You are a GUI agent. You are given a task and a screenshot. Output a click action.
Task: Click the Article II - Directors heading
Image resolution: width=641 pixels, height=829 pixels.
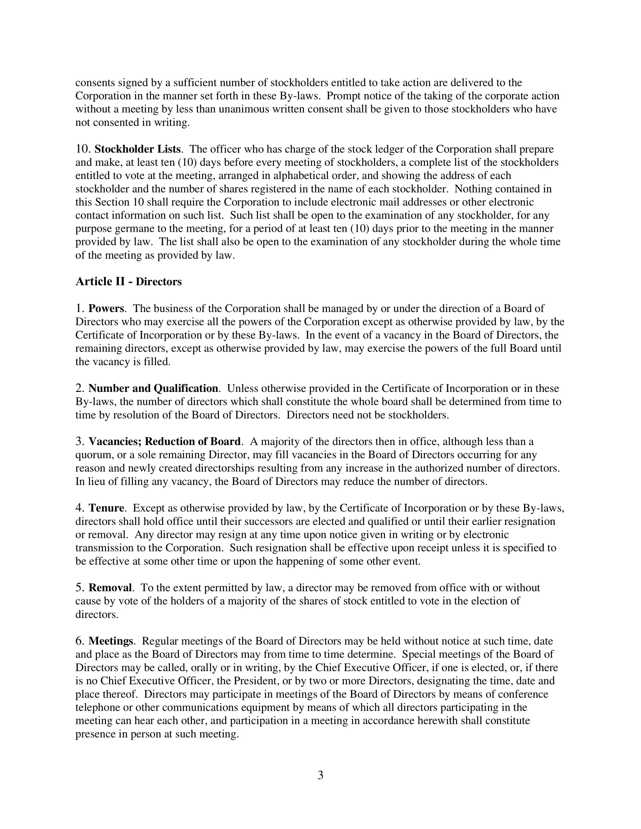(x=128, y=281)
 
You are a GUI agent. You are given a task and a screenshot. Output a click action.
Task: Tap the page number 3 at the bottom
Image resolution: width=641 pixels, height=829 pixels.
(x=320, y=775)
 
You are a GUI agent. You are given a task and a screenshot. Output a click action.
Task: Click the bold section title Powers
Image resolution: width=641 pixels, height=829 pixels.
(x=106, y=308)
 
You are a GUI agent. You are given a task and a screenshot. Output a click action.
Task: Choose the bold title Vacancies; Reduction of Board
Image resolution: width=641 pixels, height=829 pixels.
(x=164, y=442)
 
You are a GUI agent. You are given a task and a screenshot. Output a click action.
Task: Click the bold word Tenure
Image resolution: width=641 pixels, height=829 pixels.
(x=106, y=508)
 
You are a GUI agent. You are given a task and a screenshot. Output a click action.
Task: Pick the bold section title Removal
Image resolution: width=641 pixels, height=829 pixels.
(x=110, y=587)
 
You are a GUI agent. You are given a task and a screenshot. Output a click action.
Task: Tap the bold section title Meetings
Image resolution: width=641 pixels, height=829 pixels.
(x=111, y=641)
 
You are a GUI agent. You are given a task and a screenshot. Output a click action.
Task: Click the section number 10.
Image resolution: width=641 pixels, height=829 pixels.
(x=83, y=149)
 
